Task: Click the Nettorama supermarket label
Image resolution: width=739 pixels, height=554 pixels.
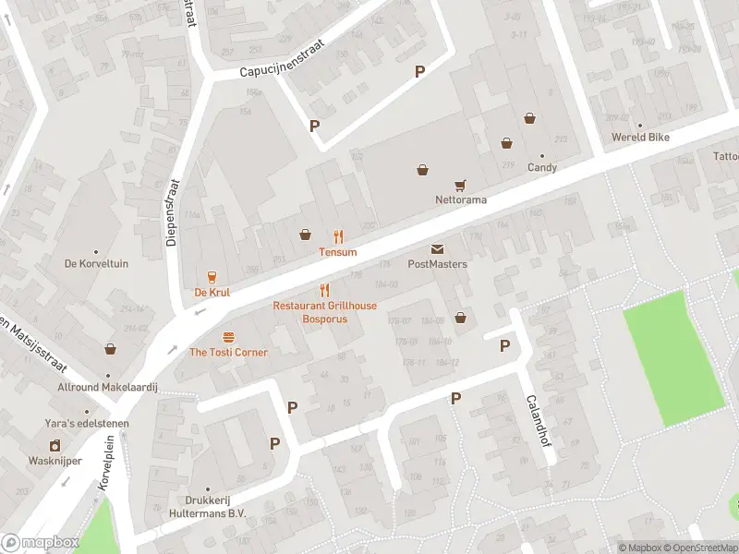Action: (461, 199)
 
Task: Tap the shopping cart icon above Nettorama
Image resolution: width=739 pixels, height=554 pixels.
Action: (459, 185)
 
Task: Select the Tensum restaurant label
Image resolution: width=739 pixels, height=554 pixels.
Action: (338, 252)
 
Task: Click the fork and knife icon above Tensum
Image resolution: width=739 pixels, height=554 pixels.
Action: (338, 236)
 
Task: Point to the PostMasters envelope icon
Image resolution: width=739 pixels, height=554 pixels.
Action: (437, 249)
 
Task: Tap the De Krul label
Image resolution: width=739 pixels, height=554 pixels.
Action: (212, 293)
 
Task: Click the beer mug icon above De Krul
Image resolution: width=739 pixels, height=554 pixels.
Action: (212, 277)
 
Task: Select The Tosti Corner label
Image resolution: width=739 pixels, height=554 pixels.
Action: (228, 353)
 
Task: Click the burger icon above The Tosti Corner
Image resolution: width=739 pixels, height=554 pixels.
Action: (228, 337)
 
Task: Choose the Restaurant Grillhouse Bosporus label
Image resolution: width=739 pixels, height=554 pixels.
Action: (324, 312)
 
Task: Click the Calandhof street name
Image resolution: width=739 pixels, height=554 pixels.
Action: (533, 421)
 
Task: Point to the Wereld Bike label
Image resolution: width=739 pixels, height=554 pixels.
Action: (640, 138)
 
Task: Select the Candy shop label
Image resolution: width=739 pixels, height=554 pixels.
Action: (542, 168)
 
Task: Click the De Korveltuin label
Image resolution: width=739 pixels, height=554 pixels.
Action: (95, 264)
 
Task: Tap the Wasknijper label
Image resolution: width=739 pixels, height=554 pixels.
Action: (55, 460)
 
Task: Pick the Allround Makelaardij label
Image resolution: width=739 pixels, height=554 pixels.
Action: (108, 388)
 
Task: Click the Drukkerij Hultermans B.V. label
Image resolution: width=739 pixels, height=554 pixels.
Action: (207, 508)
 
